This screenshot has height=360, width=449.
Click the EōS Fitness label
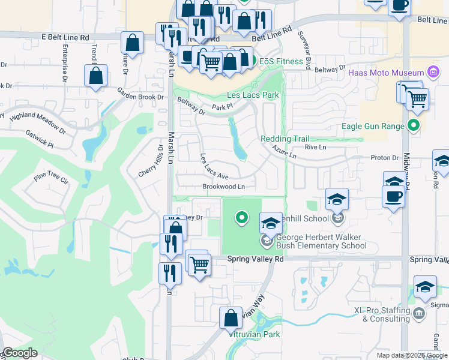pyautogui.click(x=285, y=61)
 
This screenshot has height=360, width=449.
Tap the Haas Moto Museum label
pyautogui.click(x=387, y=73)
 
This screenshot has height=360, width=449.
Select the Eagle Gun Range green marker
pyautogui.click(x=413, y=126)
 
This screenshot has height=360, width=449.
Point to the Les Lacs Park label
pyautogui.click(x=253, y=95)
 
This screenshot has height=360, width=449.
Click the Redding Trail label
pyautogui.click(x=284, y=139)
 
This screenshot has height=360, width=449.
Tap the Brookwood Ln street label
pyautogui.click(x=224, y=187)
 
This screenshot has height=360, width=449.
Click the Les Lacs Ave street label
pyautogui.click(x=214, y=167)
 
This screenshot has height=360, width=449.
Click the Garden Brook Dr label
pyautogui.click(x=140, y=93)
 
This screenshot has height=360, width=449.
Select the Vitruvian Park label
pyautogui.click(x=254, y=334)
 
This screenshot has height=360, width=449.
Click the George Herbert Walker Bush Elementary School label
pyautogui.click(x=321, y=241)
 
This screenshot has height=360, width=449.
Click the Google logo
pyautogui.click(x=19, y=353)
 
